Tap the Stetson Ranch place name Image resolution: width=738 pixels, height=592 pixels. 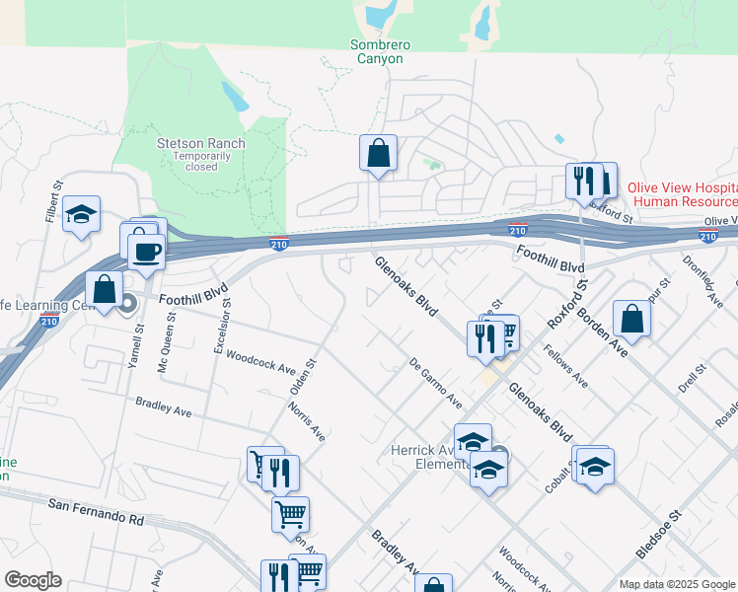coord(201,143)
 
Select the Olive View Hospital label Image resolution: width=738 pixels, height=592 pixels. coord(682,188)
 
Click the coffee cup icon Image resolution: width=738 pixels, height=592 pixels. coord(146,251)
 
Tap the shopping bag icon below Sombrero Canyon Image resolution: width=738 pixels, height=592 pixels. coord(378,154)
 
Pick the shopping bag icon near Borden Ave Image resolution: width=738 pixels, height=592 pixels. coord(631,320)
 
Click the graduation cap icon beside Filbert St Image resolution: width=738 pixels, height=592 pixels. coord(81,215)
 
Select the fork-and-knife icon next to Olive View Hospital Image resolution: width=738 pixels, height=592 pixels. coord(584,182)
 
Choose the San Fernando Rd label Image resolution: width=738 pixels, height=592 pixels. coord(96,511)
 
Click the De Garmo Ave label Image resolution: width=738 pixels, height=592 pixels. coord(436,383)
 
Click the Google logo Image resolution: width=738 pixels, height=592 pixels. coord(33,580)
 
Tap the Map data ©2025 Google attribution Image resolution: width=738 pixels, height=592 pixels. coord(676,584)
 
